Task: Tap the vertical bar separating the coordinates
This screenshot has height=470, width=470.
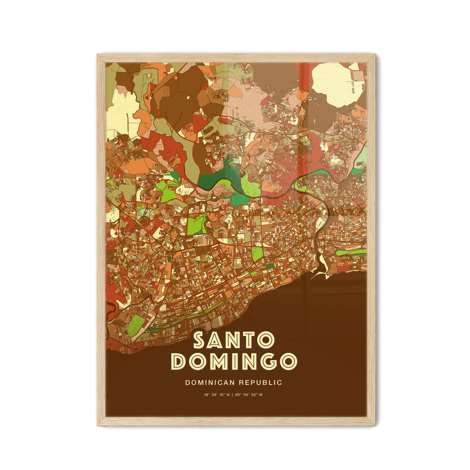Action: point(233,395)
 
